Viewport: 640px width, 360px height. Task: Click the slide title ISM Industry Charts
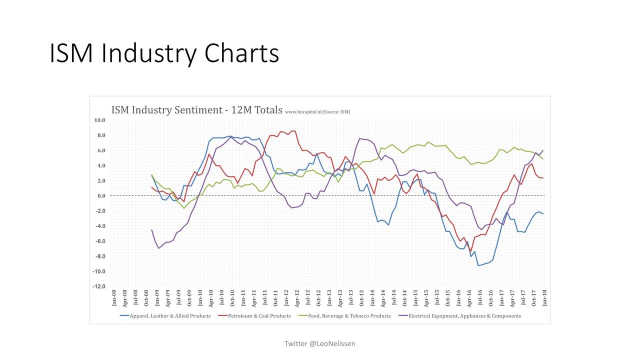point(164,53)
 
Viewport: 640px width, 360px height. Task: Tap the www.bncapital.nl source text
point(317,112)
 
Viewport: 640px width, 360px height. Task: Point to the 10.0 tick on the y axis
point(99,120)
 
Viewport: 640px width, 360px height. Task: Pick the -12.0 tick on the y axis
point(99,286)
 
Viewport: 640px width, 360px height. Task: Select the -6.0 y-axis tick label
point(100,241)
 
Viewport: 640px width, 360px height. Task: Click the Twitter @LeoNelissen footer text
point(319,343)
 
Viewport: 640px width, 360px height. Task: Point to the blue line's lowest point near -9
point(478,265)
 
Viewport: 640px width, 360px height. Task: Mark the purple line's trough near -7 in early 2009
point(159,248)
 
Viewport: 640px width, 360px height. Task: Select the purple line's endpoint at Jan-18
point(543,150)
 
